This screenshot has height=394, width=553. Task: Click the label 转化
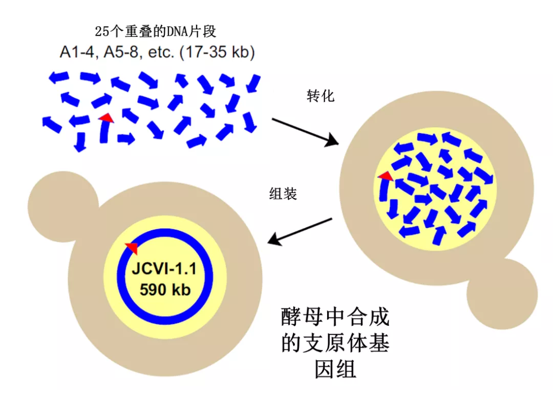[x=320, y=96]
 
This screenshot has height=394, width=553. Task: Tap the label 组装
[x=283, y=193]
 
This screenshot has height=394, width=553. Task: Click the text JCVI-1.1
[x=164, y=269]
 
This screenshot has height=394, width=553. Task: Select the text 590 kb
[x=165, y=290]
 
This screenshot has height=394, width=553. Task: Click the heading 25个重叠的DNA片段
[x=156, y=31]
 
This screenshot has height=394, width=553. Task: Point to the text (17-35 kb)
[x=217, y=52]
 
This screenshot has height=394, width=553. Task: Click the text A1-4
[x=77, y=52]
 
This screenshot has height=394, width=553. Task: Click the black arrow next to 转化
[x=305, y=132]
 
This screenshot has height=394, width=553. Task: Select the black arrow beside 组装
[x=300, y=231]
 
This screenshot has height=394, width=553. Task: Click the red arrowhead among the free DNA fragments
[x=106, y=118]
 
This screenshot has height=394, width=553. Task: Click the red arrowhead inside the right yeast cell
[x=386, y=175]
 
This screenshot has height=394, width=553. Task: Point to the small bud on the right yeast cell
[x=502, y=294]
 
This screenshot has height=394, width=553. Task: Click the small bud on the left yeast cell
[x=63, y=207]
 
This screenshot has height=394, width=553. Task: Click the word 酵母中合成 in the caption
[x=335, y=317]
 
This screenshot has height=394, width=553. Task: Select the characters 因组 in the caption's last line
[x=335, y=369]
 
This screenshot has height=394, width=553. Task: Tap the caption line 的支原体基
[x=335, y=343]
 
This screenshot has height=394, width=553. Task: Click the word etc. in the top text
[x=161, y=52]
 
